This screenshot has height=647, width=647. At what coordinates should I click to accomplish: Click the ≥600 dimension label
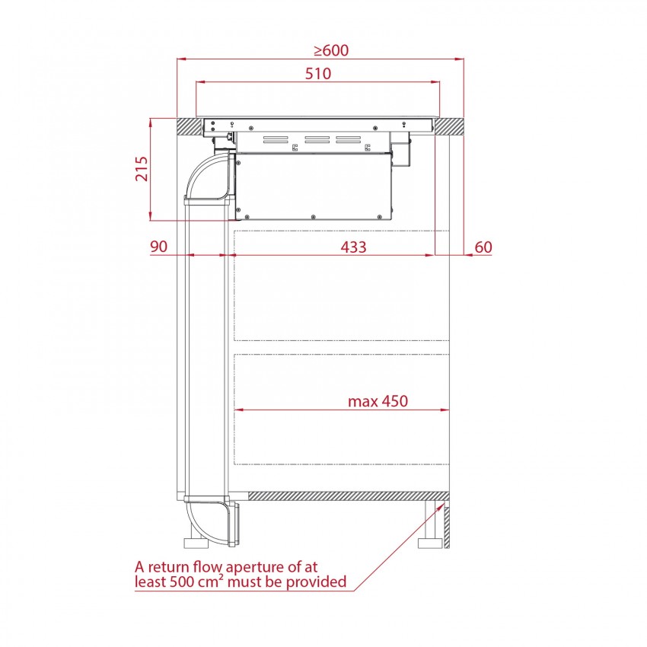click(x=331, y=50)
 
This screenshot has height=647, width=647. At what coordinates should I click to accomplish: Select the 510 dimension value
click(x=318, y=73)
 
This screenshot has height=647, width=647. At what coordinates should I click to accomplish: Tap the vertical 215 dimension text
click(x=142, y=168)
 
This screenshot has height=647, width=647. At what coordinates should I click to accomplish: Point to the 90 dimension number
click(x=158, y=247)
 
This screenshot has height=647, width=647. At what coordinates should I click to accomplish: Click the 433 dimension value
click(x=354, y=247)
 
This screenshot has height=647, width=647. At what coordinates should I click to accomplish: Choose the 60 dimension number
click(x=483, y=247)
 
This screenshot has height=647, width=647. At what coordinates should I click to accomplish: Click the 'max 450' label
click(x=378, y=401)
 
